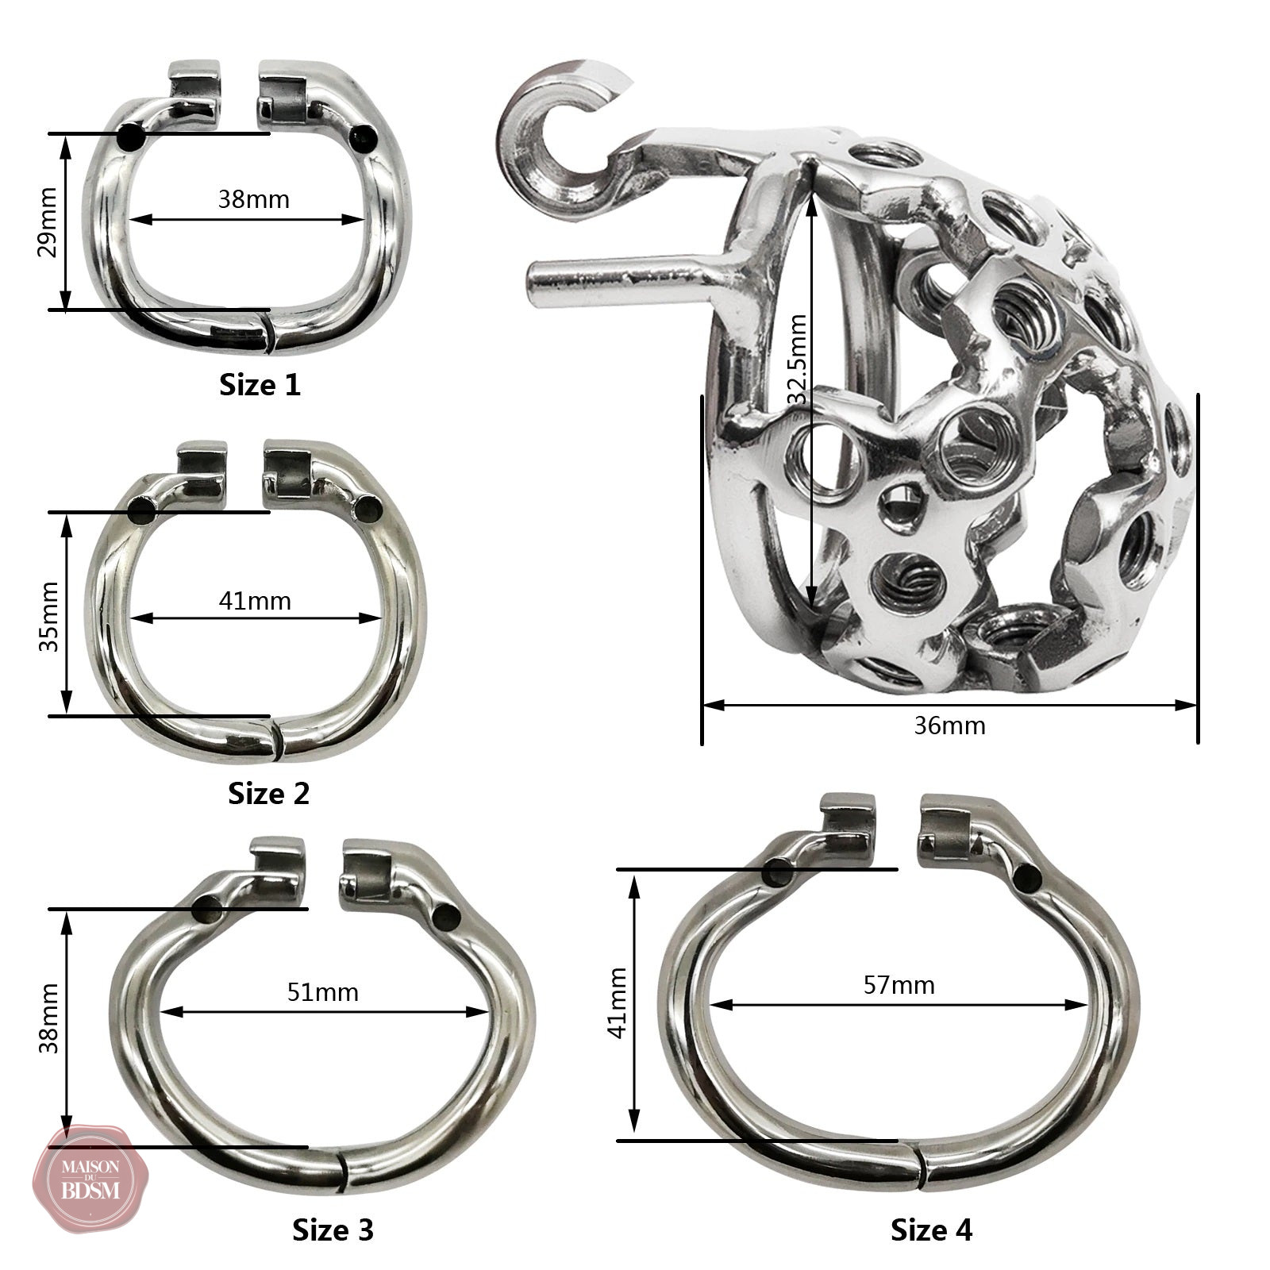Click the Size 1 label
pyautogui.click(x=260, y=385)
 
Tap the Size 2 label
pyautogui.click(x=269, y=793)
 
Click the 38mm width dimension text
pyautogui.click(x=254, y=198)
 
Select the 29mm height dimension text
pyautogui.click(x=48, y=222)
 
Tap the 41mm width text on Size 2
pyautogui.click(x=255, y=601)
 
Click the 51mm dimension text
pyautogui.click(x=323, y=992)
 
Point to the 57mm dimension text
pyautogui.click(x=899, y=986)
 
